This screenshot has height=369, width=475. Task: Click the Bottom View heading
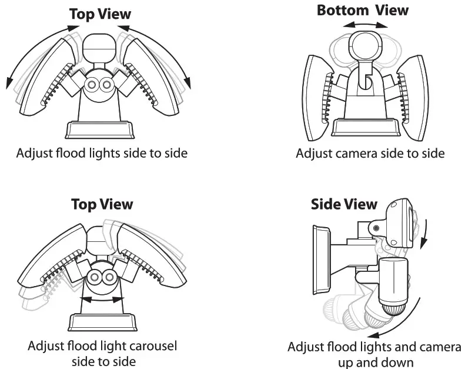pyautogui.click(x=362, y=10)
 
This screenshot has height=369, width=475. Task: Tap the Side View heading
pyautogui.click(x=344, y=204)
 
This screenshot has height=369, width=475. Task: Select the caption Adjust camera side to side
pyautogui.click(x=370, y=154)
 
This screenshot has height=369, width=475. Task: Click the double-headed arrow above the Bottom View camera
pyautogui.click(x=366, y=25)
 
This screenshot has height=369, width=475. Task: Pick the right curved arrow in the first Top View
pyautogui.click(x=177, y=53)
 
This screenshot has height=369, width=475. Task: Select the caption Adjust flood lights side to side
pyautogui.click(x=102, y=154)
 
